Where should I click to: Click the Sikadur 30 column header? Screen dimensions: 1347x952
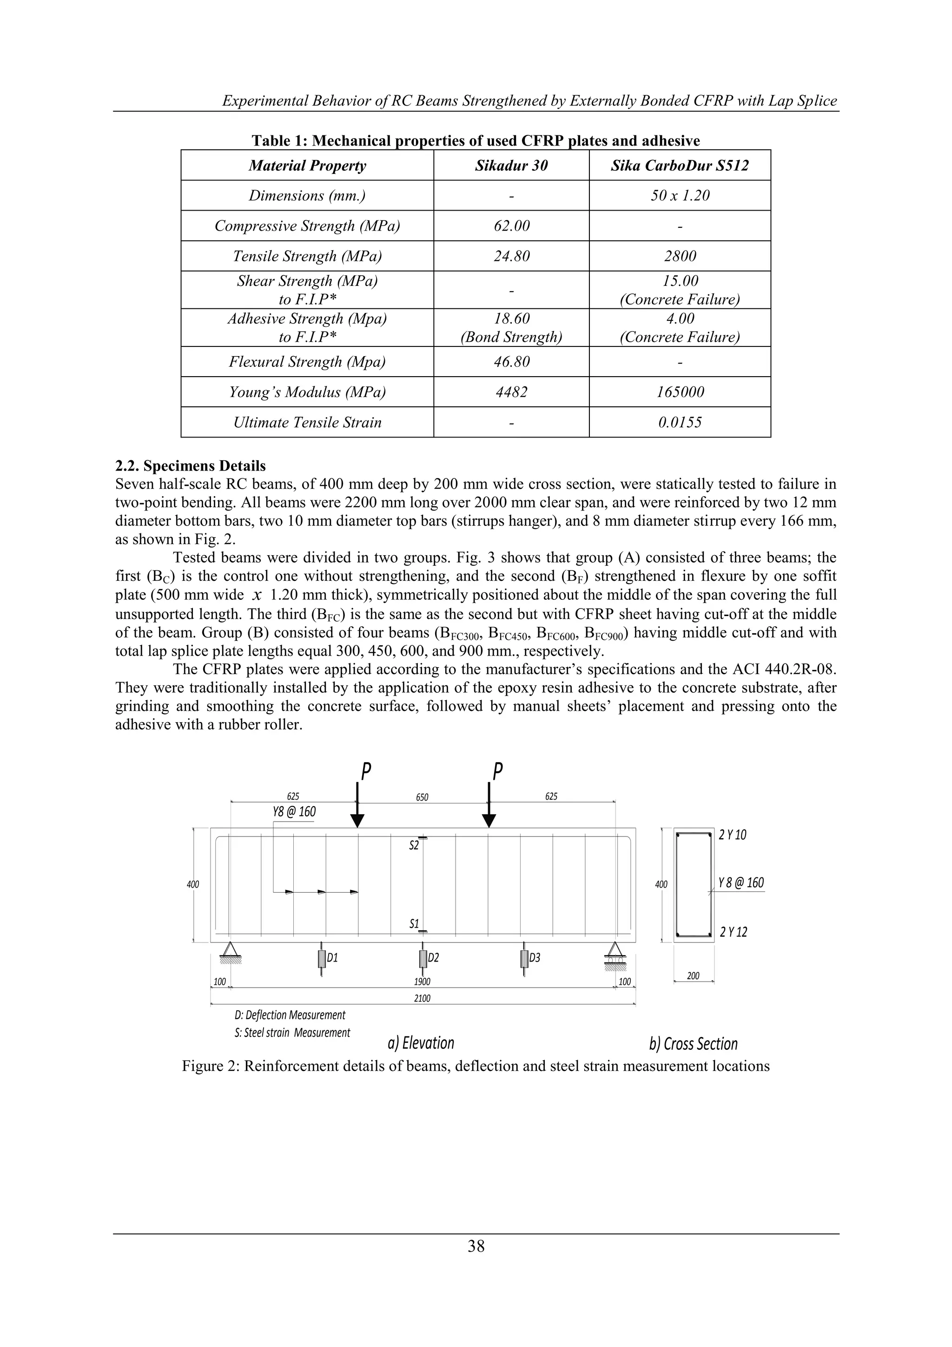(x=511, y=166)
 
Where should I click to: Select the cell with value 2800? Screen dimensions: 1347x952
(x=680, y=256)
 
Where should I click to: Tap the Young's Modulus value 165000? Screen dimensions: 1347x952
(x=680, y=392)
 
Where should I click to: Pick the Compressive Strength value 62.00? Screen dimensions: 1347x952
(x=511, y=226)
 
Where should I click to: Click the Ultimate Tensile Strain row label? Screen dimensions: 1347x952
(x=307, y=422)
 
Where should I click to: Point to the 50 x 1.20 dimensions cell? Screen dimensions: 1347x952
(x=680, y=195)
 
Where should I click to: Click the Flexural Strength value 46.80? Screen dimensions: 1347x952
(x=511, y=361)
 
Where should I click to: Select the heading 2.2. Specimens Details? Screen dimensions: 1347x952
(x=190, y=466)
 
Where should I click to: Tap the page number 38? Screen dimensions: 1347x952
(x=476, y=1246)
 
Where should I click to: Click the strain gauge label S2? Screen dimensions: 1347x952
(x=414, y=845)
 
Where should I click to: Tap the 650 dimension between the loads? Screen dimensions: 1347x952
(x=422, y=797)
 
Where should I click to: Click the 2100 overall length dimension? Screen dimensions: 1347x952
(x=422, y=999)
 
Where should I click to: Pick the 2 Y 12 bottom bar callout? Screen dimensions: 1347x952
(x=733, y=932)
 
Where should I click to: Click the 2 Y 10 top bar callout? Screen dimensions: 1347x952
(x=733, y=835)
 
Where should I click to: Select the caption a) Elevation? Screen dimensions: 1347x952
(x=421, y=1043)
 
